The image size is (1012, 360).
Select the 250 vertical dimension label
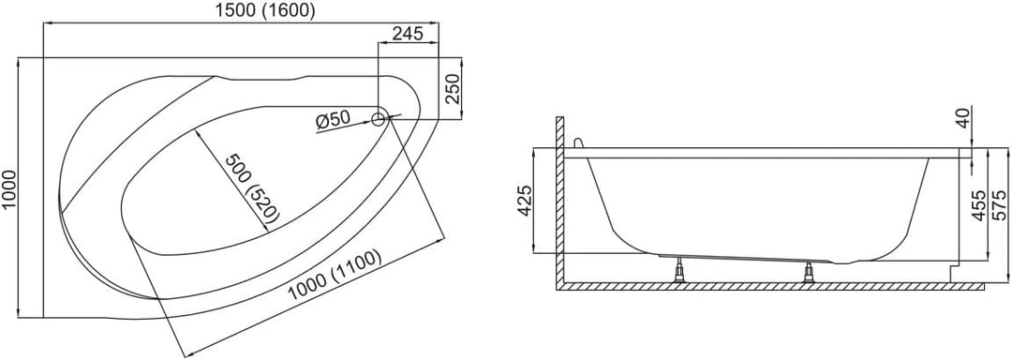[x=453, y=88]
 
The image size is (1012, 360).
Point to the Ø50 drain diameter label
[x=333, y=119]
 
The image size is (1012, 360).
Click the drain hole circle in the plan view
[x=379, y=118]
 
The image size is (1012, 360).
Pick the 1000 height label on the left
[x=9, y=188]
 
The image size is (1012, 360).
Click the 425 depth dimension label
[x=525, y=201]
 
